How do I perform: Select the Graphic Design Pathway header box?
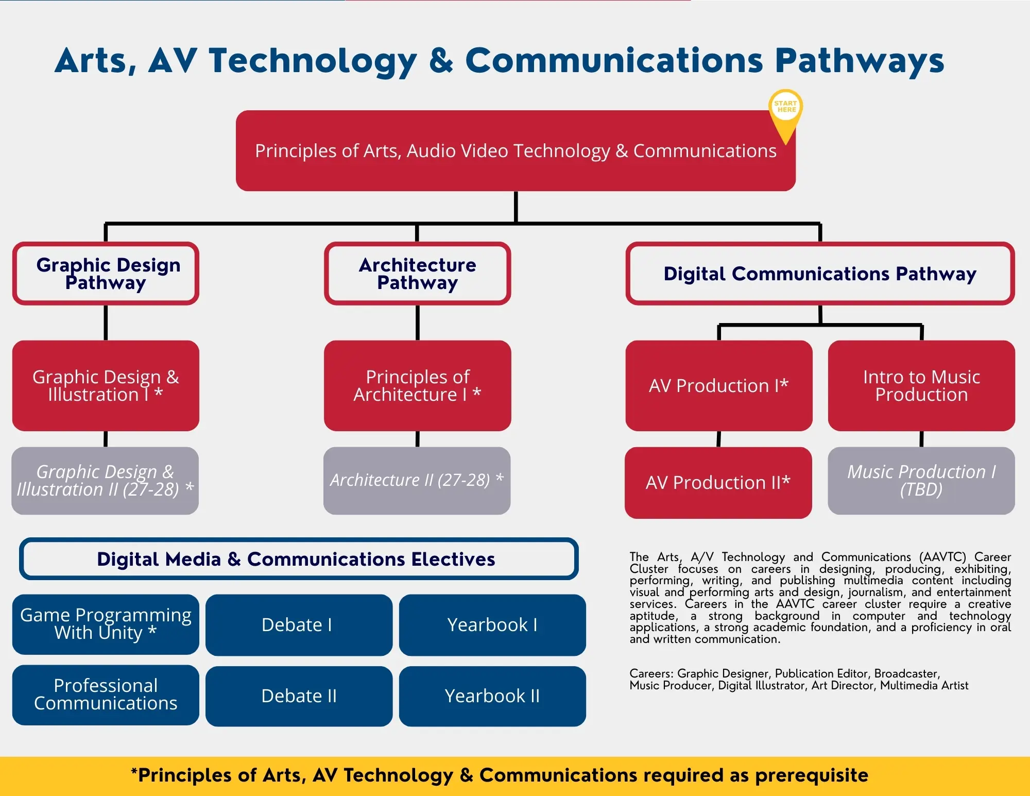point(106,274)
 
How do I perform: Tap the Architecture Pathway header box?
point(417,274)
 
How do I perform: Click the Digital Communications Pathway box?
point(820,274)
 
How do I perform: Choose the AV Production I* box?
point(718,385)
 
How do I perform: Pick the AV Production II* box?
point(718,482)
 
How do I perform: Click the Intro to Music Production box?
point(921,385)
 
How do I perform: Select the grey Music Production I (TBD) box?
point(921,480)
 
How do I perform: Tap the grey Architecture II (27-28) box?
point(417,480)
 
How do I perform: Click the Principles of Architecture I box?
point(417,385)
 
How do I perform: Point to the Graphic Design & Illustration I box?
point(106,385)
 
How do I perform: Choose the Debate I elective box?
point(299,625)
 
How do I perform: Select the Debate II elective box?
point(299,696)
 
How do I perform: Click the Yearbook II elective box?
point(492,696)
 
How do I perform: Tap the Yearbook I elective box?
point(492,625)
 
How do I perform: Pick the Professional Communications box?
point(106,695)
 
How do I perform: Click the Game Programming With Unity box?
point(106,624)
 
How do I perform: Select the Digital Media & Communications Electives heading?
point(299,559)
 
